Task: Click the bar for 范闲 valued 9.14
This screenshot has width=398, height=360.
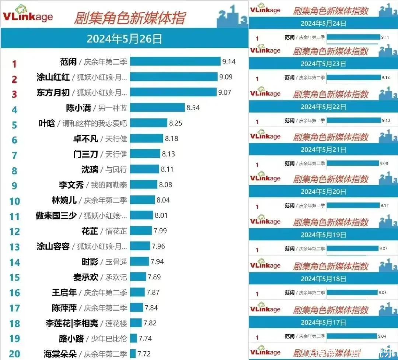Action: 175,61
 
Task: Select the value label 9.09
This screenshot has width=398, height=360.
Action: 225,77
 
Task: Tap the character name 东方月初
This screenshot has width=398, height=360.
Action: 53,93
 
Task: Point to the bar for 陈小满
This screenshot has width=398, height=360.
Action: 157,108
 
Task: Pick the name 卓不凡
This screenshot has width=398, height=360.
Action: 85,139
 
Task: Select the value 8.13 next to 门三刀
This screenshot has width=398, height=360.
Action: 168,154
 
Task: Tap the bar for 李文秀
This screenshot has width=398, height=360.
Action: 144,184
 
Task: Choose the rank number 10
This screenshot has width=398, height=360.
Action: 14,201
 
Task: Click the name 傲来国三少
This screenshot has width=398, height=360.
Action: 56,216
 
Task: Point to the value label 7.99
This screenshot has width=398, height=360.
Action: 160,231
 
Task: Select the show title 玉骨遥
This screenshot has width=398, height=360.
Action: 116,262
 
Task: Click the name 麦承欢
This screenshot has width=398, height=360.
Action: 85,277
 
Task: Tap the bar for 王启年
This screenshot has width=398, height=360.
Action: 137,293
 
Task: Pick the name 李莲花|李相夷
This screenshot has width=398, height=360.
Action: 72,324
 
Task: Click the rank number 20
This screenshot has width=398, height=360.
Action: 14,354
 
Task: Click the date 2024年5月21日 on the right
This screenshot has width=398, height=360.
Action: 323,149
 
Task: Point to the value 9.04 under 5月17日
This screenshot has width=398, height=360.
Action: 383,336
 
